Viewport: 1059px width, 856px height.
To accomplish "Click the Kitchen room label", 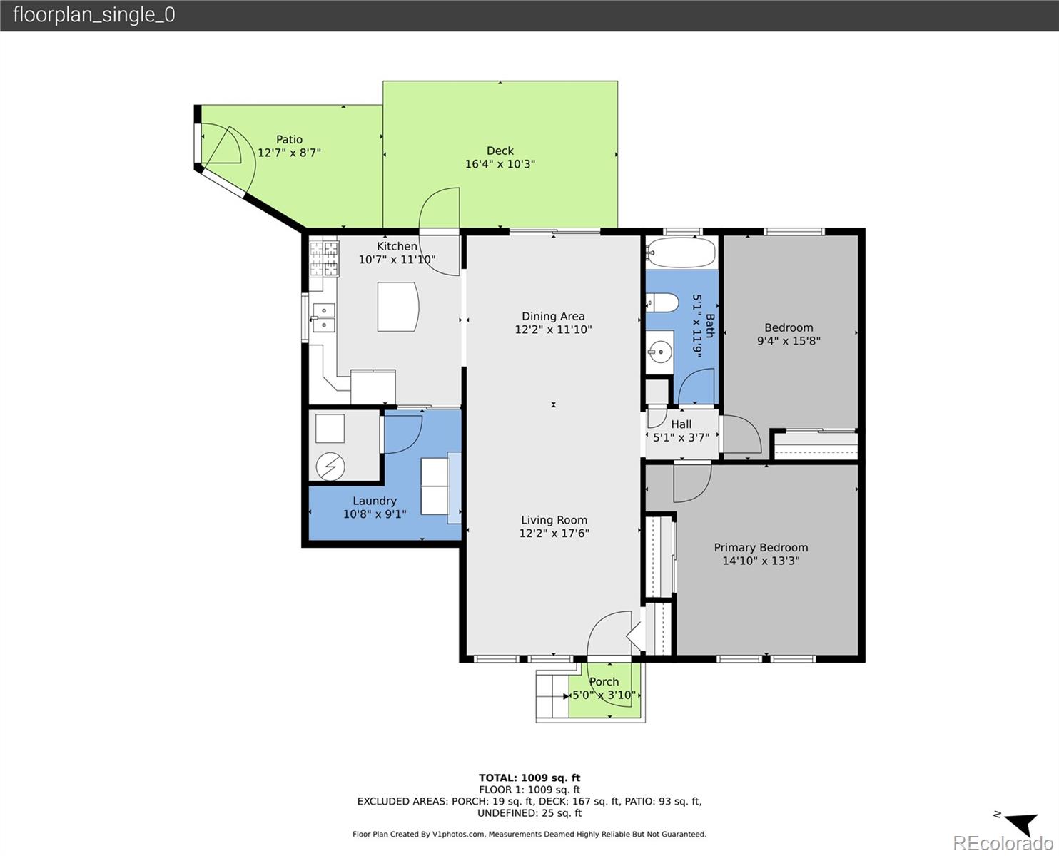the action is tap(397, 246).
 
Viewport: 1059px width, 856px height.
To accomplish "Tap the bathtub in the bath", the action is tap(681, 253).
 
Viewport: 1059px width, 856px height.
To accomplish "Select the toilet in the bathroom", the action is tap(662, 302).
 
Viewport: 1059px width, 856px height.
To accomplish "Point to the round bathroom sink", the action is tap(660, 352).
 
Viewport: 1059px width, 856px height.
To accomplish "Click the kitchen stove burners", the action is tap(324, 258).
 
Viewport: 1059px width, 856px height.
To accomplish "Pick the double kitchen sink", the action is tap(323, 318).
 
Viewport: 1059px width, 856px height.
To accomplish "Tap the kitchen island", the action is tap(397, 307).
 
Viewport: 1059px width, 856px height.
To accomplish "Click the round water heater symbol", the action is tap(330, 467).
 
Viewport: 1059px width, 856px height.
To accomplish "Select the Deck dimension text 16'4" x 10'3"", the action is tap(500, 163).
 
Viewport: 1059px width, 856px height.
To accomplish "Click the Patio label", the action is tap(289, 140).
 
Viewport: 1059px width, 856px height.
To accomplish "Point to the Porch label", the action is tap(604, 682).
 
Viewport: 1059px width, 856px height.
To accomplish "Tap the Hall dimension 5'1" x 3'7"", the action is tap(681, 437).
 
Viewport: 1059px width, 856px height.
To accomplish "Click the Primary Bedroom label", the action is tap(761, 547).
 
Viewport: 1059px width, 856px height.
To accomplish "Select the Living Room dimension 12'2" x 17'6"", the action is tap(554, 533).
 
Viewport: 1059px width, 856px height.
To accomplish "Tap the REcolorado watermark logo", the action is tap(1003, 842).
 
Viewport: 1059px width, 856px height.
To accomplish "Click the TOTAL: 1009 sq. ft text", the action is tap(529, 778).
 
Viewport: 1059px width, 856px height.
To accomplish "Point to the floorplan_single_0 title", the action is tap(94, 15).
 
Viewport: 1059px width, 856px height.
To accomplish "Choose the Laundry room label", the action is tap(375, 501).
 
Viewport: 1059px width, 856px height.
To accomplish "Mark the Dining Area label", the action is tap(553, 316).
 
